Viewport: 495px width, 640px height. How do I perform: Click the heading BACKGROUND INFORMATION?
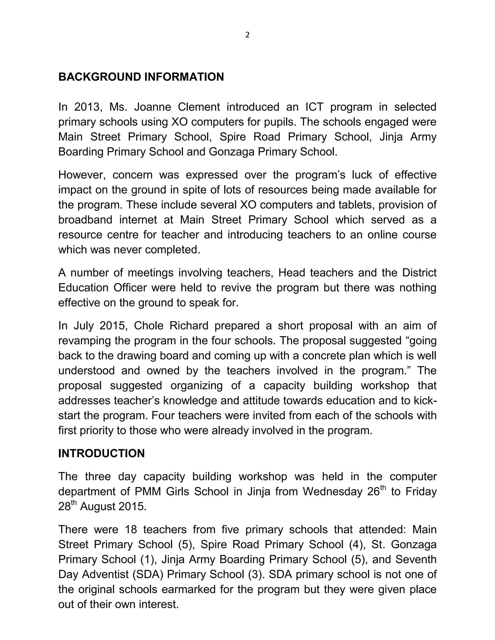tap(141, 77)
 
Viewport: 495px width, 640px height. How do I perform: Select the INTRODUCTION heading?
tap(102, 453)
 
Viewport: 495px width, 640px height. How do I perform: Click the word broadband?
tap(85, 220)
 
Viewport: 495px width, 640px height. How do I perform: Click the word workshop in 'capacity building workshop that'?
tap(385, 386)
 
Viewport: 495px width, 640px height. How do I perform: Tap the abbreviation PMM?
tap(147, 491)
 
